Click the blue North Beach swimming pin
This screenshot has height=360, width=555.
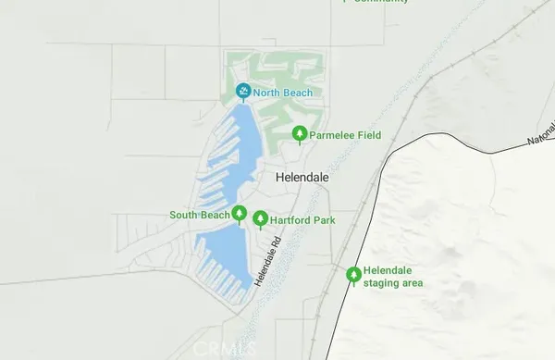coord(243,92)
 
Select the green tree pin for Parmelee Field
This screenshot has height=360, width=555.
coord(300,134)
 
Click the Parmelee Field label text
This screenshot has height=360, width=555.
coord(347,135)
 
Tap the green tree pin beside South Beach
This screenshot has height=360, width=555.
coord(239,215)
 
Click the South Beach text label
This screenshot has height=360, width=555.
coord(198,216)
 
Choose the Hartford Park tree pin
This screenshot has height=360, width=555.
coord(261,219)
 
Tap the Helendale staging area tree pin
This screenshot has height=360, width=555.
coord(352,275)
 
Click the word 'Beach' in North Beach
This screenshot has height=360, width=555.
coord(298,93)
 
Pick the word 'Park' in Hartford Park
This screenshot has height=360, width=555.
coord(324,220)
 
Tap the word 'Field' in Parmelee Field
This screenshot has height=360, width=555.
coord(369,135)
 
